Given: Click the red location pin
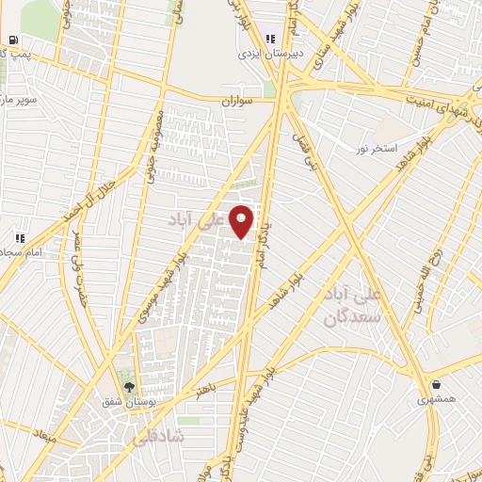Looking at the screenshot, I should point(243,220).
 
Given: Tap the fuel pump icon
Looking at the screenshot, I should point(12,40).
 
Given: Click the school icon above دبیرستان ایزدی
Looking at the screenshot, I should point(271,39).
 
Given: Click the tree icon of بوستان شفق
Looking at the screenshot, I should point(130,387).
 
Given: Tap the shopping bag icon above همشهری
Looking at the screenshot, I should point(437,384).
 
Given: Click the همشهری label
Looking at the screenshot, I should point(437,399).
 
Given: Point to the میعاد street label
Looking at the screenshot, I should point(43,437).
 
